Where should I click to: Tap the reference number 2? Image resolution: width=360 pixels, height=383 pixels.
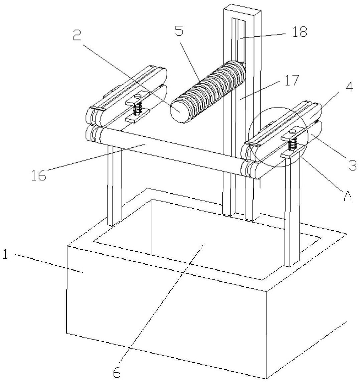(x=77, y=35)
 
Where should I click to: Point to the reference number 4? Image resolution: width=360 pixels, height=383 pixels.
(x=349, y=87)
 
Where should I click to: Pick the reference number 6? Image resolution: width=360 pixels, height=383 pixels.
(x=117, y=371)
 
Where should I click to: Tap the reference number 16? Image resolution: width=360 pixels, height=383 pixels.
(x=38, y=175)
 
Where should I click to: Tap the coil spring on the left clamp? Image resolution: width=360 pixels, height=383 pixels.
(x=138, y=109)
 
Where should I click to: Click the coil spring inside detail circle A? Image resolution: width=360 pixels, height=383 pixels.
(x=293, y=144)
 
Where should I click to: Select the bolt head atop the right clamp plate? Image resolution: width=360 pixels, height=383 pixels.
(x=292, y=132)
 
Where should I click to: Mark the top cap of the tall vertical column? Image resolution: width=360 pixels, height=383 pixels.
(x=242, y=9)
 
